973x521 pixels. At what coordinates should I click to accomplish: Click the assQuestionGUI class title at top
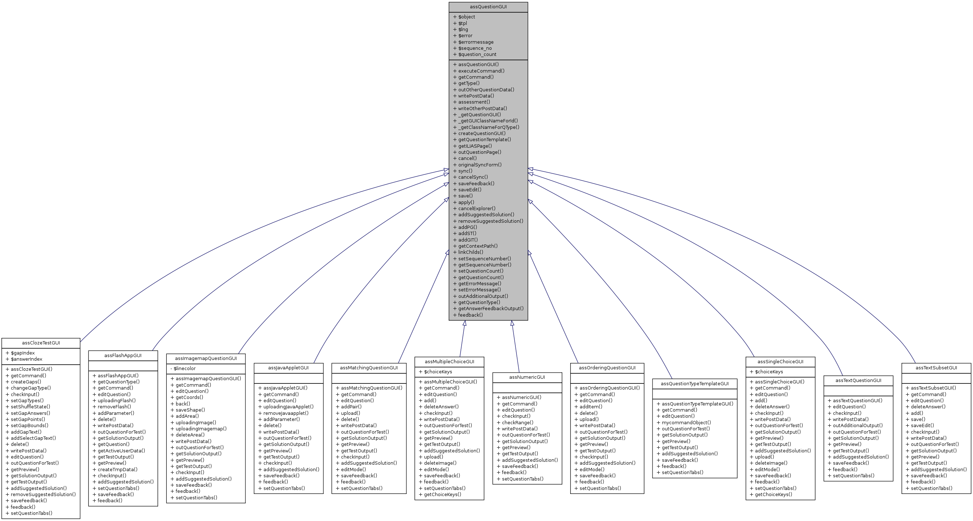click(488, 7)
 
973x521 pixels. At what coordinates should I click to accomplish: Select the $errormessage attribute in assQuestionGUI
click(476, 42)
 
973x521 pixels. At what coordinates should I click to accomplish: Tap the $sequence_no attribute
click(475, 48)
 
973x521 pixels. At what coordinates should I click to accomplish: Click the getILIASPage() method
click(475, 146)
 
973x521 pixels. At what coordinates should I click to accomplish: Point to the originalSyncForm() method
click(480, 165)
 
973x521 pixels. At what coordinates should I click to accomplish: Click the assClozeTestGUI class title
click(41, 343)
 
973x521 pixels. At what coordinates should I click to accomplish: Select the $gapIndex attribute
click(23, 353)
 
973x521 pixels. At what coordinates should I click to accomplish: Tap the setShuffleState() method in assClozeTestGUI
click(30, 407)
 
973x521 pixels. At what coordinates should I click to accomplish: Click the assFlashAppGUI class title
click(123, 356)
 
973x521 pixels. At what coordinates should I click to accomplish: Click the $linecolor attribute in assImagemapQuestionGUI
click(184, 368)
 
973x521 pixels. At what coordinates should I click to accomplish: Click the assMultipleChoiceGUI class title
click(449, 361)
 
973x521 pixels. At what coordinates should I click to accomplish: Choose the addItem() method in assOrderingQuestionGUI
click(591, 407)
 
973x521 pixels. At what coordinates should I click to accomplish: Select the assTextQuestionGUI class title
click(858, 381)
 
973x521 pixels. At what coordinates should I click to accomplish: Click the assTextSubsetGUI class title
click(936, 368)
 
